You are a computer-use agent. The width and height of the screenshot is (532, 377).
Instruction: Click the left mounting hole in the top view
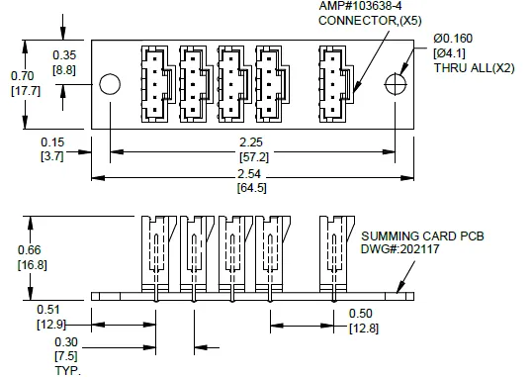tap(111, 83)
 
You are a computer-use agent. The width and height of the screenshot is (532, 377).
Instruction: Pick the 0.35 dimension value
tap(64, 54)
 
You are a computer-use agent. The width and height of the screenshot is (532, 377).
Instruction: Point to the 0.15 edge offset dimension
tap(52, 141)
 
